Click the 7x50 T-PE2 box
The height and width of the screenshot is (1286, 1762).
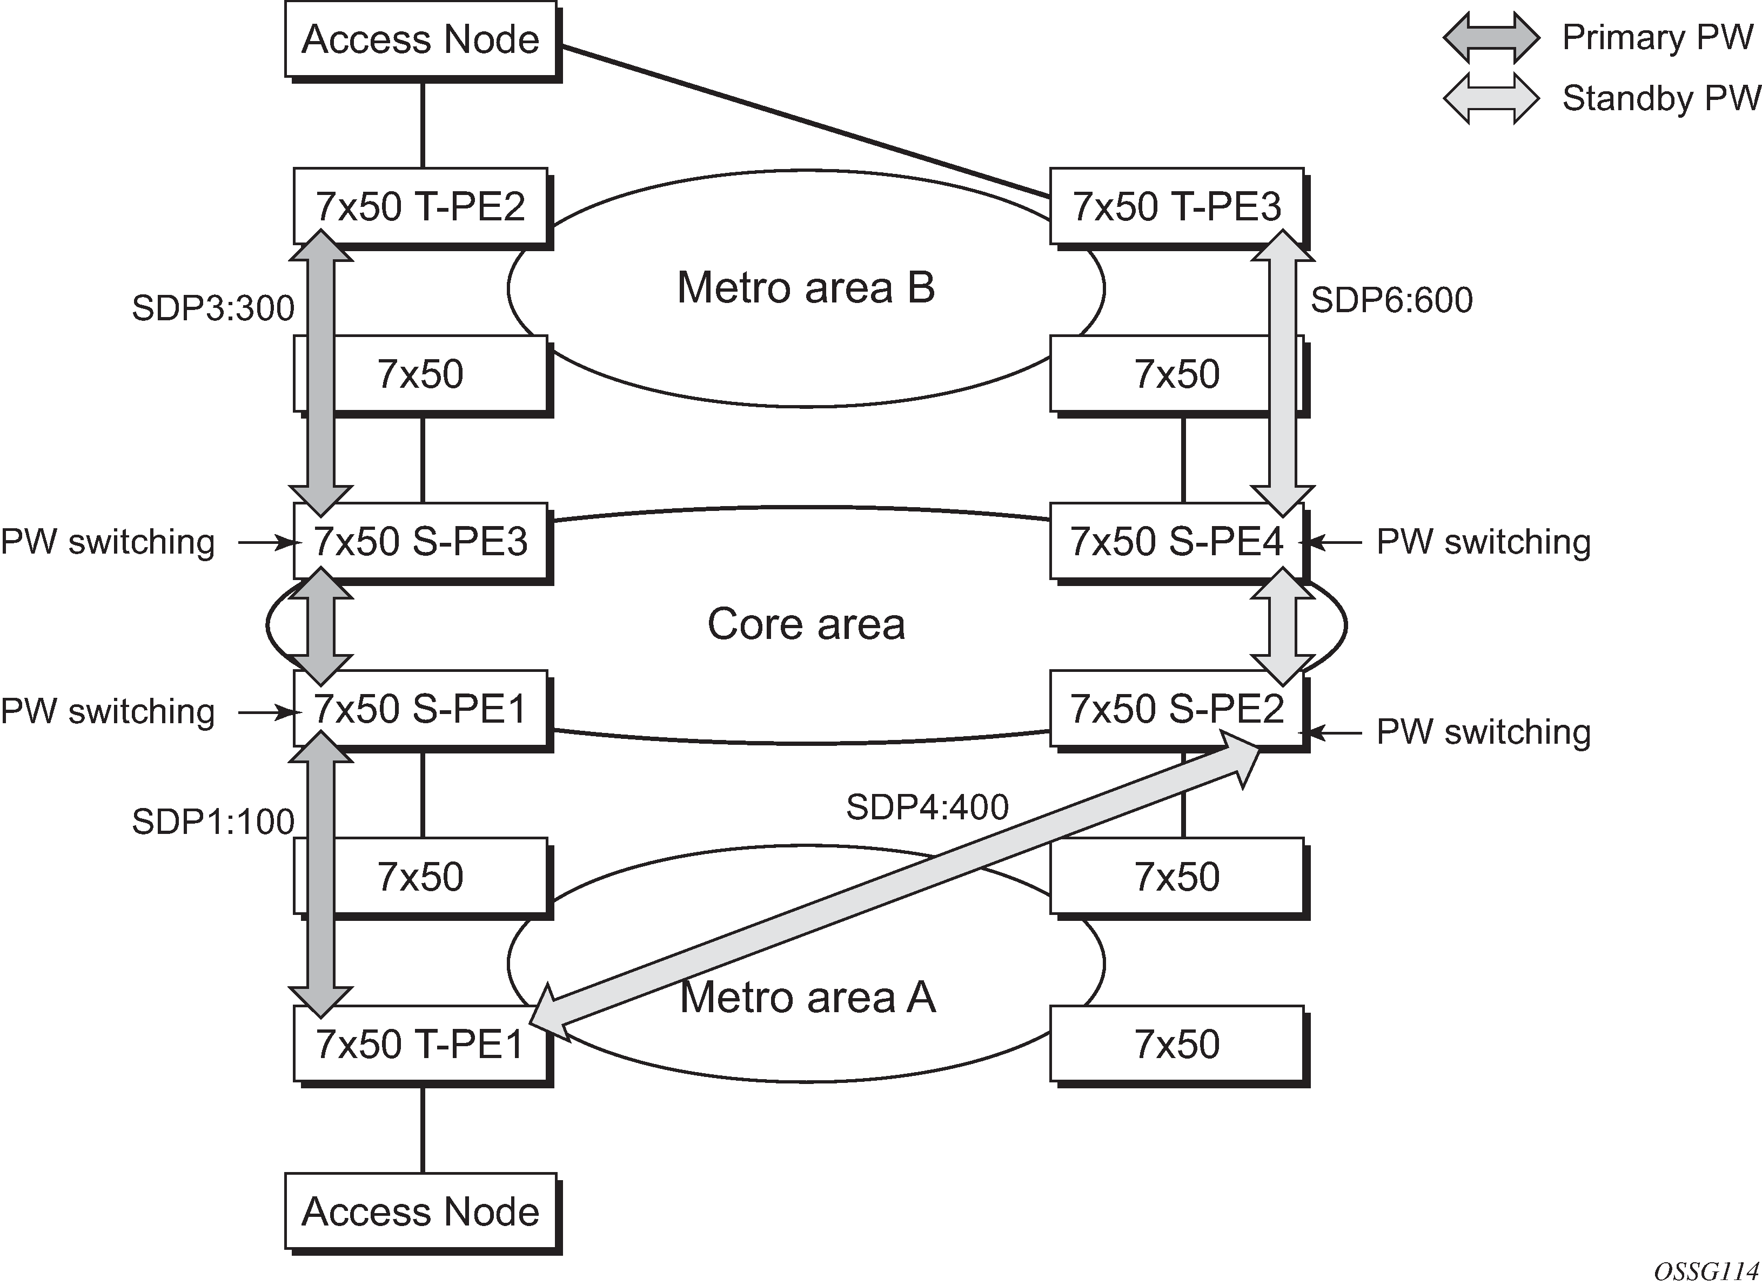tap(420, 206)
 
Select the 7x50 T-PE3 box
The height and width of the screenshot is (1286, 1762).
tap(1176, 206)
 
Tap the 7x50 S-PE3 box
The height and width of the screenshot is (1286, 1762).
tap(420, 541)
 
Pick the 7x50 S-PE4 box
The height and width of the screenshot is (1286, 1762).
tap(1176, 541)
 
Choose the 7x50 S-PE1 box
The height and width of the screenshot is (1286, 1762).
tap(420, 709)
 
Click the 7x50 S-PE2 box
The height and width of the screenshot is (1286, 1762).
tap(1176, 709)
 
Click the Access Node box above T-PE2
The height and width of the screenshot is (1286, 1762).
tap(420, 39)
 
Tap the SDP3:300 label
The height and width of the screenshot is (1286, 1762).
tap(212, 308)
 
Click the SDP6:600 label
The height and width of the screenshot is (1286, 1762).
tap(1391, 300)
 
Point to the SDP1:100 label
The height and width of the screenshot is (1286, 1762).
tap(212, 822)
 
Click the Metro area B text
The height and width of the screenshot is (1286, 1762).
tap(806, 287)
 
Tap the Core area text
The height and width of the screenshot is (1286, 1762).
tap(806, 624)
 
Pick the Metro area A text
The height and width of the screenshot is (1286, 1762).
tap(807, 997)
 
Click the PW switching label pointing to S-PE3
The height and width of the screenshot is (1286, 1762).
tap(108, 542)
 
